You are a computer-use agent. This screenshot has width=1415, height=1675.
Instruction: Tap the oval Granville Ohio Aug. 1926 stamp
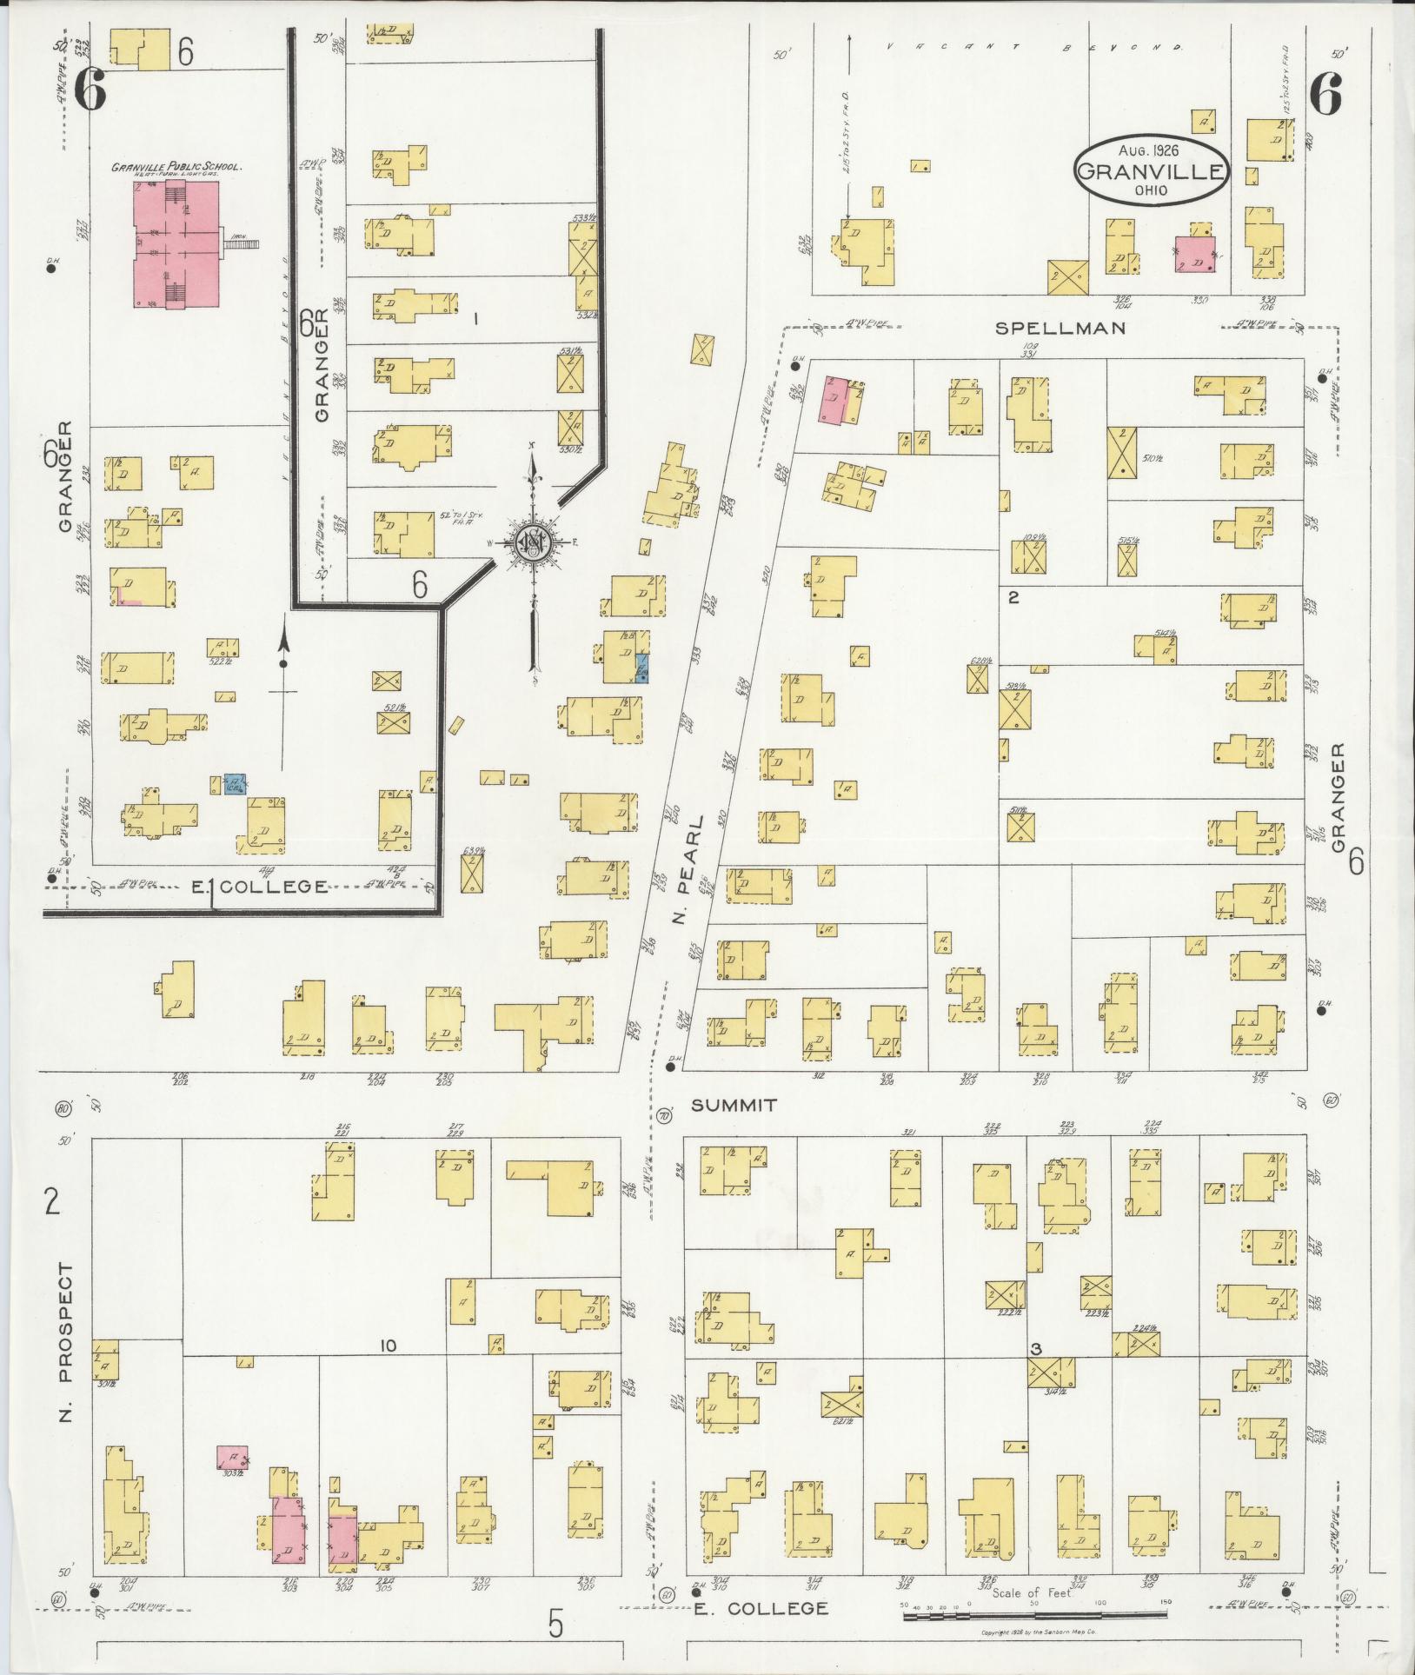(1152, 169)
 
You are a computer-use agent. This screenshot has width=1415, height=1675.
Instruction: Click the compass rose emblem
(531, 543)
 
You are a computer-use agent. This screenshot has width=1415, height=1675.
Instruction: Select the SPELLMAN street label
(1060, 329)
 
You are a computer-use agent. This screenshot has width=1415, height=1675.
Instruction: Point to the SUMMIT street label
(733, 1106)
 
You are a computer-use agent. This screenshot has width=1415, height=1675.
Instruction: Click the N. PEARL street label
(693, 871)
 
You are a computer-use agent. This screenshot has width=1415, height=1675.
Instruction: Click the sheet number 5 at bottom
(556, 1622)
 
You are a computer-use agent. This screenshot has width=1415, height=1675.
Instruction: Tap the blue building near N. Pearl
(641, 670)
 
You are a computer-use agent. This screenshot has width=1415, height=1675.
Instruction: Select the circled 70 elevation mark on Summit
(666, 1116)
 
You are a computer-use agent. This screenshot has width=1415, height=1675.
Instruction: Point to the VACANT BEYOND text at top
(1034, 47)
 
